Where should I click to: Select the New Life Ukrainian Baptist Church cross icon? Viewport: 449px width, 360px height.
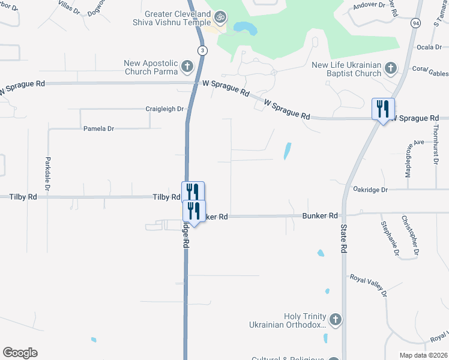coord(391,68)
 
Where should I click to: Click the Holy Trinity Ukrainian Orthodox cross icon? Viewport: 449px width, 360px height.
coord(335,320)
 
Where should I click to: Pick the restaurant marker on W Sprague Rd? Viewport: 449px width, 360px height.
coord(383,109)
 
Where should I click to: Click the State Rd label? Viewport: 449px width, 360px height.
coord(344,238)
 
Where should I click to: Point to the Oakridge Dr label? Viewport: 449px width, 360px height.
coord(370,190)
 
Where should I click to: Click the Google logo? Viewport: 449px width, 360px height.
coord(20,353)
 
